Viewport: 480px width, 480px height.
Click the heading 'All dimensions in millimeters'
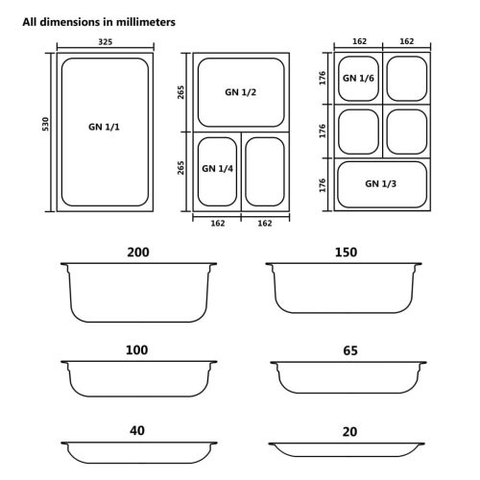pos(99,21)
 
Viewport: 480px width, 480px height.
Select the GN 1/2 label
pos(240,92)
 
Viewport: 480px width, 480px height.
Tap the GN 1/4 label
pos(216,168)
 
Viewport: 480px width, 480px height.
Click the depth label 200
pos(137,252)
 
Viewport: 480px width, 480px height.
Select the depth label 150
pos(346,252)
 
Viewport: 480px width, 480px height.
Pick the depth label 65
pos(349,351)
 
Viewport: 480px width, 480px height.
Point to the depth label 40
pos(137,430)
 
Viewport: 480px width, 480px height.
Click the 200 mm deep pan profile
pos(138,293)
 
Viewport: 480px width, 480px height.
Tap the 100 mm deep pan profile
pos(138,380)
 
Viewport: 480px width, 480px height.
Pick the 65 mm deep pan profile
pos(346,376)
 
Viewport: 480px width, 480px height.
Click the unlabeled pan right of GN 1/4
pos(264,171)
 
